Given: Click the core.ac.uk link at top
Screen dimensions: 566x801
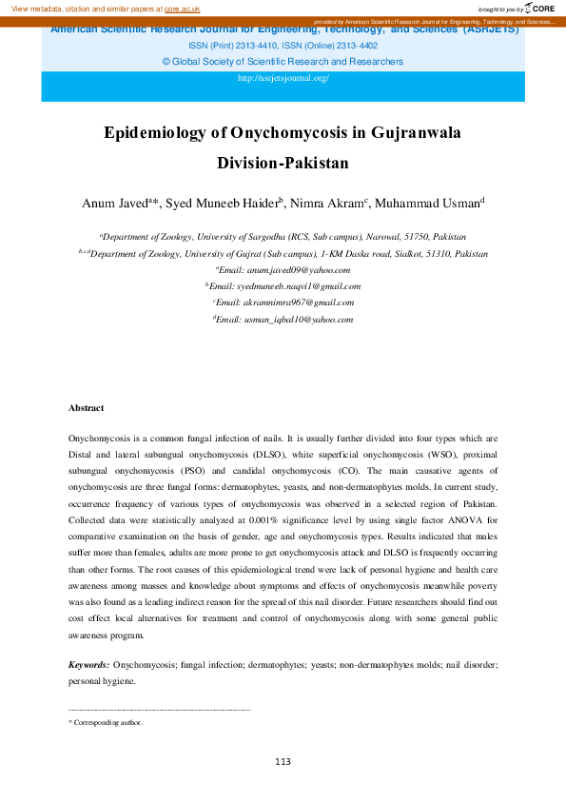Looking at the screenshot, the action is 182,9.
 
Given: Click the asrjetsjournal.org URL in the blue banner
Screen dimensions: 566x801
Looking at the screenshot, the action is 283,78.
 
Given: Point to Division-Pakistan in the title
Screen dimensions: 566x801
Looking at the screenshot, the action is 283,162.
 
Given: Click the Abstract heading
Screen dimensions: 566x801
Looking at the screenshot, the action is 86,407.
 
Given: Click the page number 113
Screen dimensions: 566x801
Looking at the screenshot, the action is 283,761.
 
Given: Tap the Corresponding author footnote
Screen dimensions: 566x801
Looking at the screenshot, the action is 107,723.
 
